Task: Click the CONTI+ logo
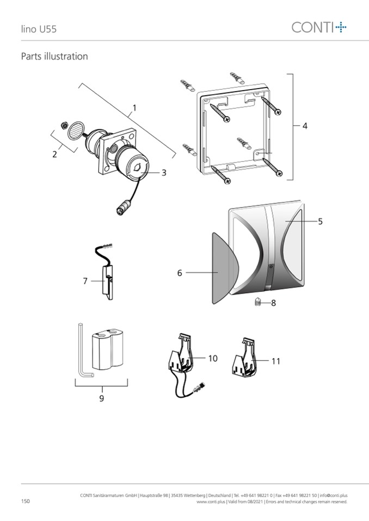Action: click(319, 27)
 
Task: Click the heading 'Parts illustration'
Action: click(54, 56)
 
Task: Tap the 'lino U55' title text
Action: click(39, 29)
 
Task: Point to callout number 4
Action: click(305, 126)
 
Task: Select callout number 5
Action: click(320, 221)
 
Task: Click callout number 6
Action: click(180, 273)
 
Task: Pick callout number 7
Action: click(85, 281)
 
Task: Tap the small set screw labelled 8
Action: click(258, 302)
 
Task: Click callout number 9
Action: click(101, 398)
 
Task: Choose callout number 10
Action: click(213, 358)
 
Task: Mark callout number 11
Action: click(275, 361)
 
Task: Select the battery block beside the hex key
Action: click(107, 349)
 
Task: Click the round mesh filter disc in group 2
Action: click(75, 130)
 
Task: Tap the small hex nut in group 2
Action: click(63, 125)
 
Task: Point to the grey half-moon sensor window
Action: click(225, 268)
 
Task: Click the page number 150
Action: click(25, 501)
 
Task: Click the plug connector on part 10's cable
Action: click(200, 387)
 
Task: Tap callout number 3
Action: click(164, 173)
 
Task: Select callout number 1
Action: click(134, 108)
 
